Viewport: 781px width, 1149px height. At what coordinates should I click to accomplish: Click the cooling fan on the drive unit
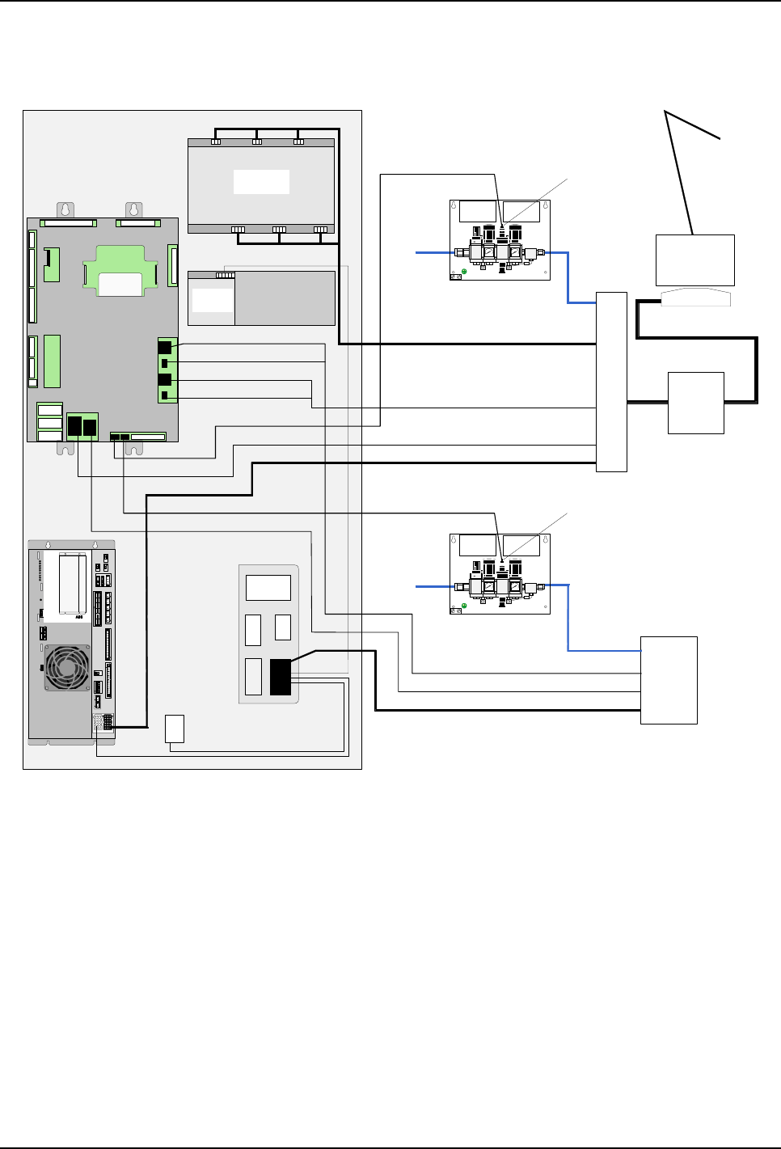click(68, 667)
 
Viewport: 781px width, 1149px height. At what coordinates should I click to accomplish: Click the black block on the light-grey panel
click(280, 677)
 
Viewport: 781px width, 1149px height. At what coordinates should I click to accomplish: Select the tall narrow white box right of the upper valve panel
click(611, 381)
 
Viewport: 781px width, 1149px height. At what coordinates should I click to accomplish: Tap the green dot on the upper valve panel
click(463, 271)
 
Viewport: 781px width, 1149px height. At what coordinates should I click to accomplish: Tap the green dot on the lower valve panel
click(463, 605)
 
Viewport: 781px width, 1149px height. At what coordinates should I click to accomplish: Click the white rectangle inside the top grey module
click(261, 181)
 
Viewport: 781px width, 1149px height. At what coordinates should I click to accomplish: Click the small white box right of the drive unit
click(174, 729)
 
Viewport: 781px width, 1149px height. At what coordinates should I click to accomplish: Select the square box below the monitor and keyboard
click(695, 403)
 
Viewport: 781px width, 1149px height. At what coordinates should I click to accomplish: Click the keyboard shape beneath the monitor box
click(695, 297)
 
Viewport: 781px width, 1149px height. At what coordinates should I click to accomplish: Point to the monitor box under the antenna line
click(694, 260)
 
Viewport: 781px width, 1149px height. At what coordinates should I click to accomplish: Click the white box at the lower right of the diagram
click(669, 680)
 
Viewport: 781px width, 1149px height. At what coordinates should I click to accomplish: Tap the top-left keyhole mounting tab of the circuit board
click(65, 209)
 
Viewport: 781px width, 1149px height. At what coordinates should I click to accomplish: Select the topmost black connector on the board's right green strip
click(165, 347)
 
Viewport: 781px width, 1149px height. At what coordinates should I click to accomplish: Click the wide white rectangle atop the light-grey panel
click(268, 588)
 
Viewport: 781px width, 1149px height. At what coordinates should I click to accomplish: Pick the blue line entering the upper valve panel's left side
click(433, 253)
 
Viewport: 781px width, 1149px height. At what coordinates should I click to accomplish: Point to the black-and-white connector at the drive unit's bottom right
click(108, 721)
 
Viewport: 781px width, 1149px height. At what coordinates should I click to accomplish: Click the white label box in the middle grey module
click(213, 300)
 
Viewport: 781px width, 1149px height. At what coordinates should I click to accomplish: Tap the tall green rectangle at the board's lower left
click(53, 361)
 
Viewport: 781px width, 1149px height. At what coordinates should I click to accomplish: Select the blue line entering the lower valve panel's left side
click(433, 585)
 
